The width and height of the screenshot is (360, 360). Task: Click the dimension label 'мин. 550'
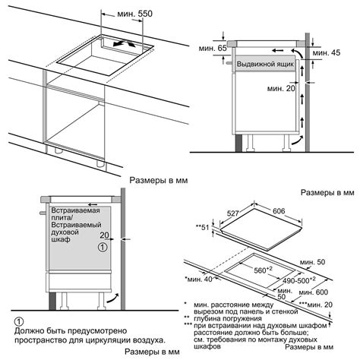click(134, 14)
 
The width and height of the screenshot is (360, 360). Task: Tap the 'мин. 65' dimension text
click(213, 48)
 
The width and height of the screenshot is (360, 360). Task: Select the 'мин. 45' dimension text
click(327, 52)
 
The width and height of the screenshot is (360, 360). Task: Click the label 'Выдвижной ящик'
click(265, 64)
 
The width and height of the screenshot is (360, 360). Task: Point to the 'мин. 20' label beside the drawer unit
click(281, 88)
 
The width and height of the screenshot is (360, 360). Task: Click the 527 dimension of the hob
click(232, 213)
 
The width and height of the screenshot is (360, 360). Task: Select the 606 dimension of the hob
click(279, 211)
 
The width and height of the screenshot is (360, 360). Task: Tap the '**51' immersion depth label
click(203, 227)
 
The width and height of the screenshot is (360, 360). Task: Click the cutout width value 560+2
click(263, 270)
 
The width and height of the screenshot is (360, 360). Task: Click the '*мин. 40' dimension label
click(198, 279)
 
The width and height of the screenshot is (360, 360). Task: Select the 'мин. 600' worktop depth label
click(314, 292)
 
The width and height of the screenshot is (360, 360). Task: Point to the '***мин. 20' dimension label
click(316, 305)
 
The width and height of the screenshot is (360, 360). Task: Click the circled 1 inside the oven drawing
click(103, 247)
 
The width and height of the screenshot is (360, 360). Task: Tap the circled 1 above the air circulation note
click(19, 322)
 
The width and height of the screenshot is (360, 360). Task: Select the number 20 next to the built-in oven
click(104, 235)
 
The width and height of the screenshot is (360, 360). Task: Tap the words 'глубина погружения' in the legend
click(228, 318)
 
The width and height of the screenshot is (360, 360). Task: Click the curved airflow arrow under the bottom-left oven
click(113, 298)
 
